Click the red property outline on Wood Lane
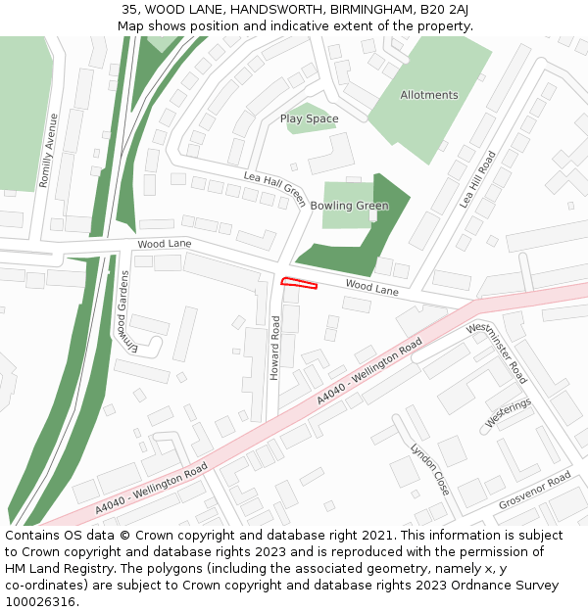click(x=301, y=284)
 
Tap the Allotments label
click(x=428, y=95)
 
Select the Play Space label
click(x=309, y=118)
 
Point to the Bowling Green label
click(x=349, y=206)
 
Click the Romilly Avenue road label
click(x=47, y=150)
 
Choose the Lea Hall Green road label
click(x=275, y=187)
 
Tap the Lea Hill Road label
click(x=478, y=179)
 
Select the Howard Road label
click(x=275, y=348)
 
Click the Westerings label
click(x=508, y=412)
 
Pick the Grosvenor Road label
click(x=534, y=491)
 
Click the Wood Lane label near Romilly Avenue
click(x=165, y=243)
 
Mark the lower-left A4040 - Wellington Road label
click(x=151, y=491)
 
